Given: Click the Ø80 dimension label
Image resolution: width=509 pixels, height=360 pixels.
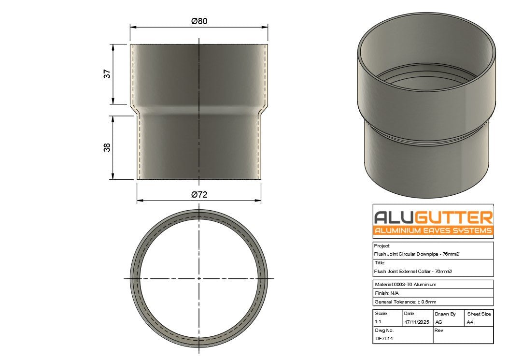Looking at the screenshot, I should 199,21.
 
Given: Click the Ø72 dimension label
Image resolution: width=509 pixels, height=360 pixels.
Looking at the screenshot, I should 199,195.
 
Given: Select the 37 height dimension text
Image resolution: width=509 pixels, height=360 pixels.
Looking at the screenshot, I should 107,74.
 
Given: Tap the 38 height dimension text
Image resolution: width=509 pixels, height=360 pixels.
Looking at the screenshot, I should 107,147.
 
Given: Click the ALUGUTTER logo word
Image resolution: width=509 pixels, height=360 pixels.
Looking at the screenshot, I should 433,217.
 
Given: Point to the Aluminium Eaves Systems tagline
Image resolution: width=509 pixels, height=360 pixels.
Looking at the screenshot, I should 433,230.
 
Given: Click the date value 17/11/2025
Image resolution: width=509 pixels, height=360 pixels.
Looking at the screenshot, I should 416,322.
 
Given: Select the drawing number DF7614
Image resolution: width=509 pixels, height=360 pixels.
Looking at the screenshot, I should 384,339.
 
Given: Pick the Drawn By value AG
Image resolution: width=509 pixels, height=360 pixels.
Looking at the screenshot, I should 438,322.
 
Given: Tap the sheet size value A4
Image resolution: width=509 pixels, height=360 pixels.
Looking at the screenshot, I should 469,322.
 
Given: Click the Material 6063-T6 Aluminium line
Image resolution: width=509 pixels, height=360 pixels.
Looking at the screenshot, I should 405,285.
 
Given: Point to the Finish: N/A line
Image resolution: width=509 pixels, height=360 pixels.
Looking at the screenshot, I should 387,293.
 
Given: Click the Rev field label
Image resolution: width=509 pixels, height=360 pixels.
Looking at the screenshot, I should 438,331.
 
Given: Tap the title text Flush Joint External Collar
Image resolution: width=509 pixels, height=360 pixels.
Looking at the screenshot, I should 413,272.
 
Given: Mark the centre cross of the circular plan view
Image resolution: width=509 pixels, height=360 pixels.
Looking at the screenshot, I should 199,278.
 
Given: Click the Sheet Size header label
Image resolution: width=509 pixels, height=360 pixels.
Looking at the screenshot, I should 479,314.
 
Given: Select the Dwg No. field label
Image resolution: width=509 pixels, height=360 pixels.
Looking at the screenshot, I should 384,331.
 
